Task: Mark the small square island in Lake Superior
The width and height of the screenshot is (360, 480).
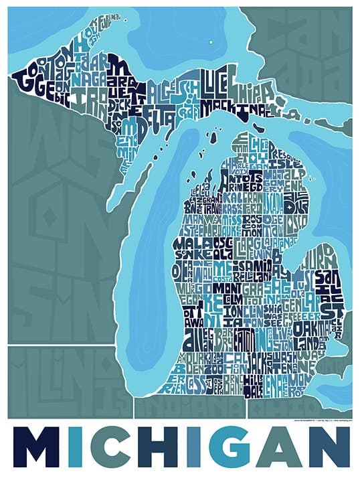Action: [x=209, y=42]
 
